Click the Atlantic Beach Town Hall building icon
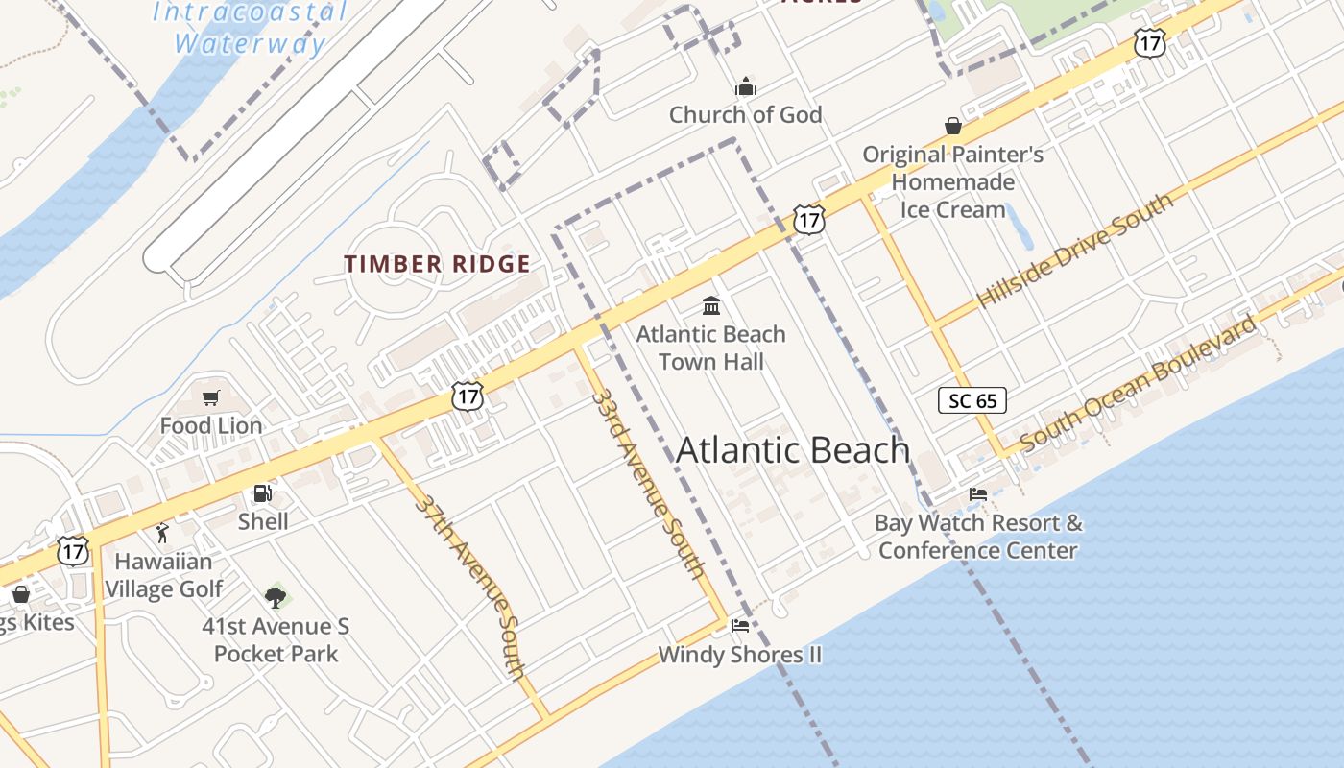tap(711, 305)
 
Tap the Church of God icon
tap(746, 87)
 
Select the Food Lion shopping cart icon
tap(211, 397)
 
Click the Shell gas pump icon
tap(261, 493)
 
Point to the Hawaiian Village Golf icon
tap(162, 533)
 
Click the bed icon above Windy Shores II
tap(739, 626)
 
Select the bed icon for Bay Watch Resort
tap(978, 494)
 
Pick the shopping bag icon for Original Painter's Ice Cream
tap(953, 126)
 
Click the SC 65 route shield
tap(972, 400)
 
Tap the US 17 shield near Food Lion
tap(468, 396)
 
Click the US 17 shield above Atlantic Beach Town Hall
tap(809, 221)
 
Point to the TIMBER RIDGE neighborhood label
tap(437, 264)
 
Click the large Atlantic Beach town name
tap(793, 449)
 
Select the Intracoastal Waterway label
tap(250, 28)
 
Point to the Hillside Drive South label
tap(1074, 252)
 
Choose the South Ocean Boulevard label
tap(1138, 383)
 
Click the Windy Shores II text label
tap(739, 655)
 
